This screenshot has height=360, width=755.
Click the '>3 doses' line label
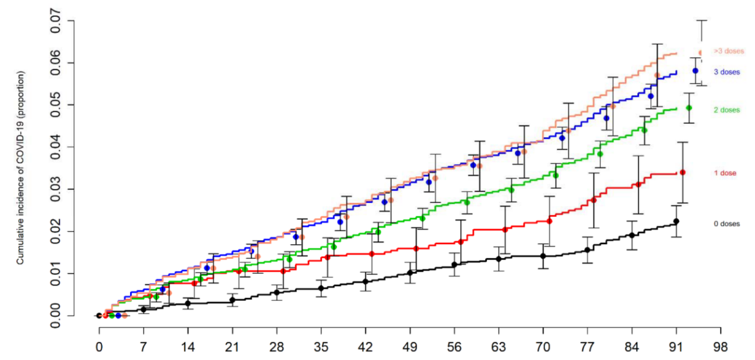tap(728, 51)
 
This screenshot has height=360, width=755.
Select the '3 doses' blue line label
tap(727, 72)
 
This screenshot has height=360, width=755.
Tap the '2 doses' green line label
tap(727, 110)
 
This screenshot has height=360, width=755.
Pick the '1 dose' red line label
tap(725, 173)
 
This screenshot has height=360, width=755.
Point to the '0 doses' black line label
tap(726, 223)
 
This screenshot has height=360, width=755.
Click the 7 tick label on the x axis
tap(143, 346)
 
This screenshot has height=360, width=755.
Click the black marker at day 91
tap(676, 222)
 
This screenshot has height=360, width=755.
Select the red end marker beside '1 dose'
tap(683, 173)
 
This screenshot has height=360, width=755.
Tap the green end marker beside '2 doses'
tap(689, 108)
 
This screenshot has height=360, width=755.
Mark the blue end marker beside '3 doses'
tap(695, 71)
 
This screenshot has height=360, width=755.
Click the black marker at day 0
tap(99, 316)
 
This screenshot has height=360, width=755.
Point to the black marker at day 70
tap(543, 256)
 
